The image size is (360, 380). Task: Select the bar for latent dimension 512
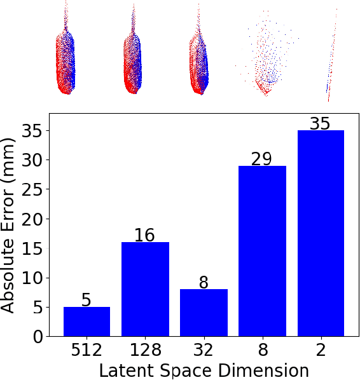click(x=87, y=322)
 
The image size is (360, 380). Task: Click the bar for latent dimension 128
click(x=145, y=289)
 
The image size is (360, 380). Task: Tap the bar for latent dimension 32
click(x=204, y=313)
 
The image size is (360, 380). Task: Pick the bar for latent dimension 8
click(x=262, y=251)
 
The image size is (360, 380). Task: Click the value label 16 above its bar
click(x=145, y=235)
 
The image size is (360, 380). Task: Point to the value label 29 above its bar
click(x=261, y=159)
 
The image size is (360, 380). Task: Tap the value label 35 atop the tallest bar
click(x=320, y=123)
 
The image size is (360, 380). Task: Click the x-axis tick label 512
click(x=87, y=351)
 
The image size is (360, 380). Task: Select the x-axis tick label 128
click(x=145, y=351)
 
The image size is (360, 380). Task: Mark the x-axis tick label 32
click(x=204, y=351)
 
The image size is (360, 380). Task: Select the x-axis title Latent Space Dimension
click(x=204, y=370)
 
